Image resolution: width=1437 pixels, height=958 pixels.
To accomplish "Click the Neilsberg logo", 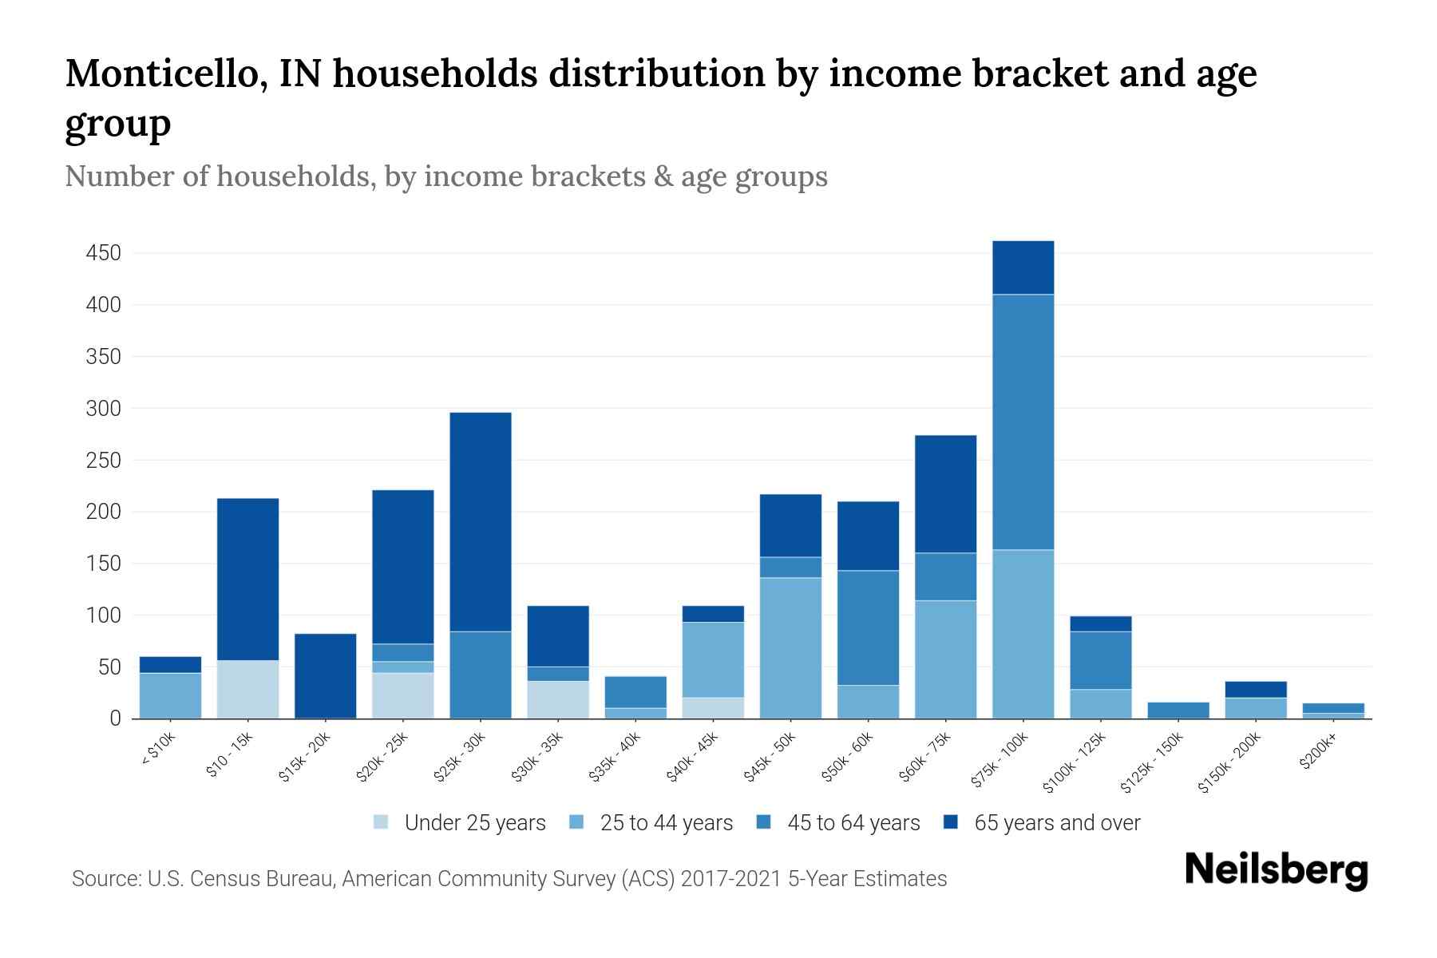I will [1276, 870].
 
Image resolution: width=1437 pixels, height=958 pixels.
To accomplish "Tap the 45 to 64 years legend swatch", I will [764, 822].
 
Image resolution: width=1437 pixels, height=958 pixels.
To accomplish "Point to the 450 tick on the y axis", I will [103, 254].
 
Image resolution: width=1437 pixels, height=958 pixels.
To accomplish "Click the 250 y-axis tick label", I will [103, 461].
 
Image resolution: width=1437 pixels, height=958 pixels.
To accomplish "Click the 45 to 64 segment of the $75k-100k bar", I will [1023, 422].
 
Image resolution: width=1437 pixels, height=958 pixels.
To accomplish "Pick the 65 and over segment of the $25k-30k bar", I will [481, 521].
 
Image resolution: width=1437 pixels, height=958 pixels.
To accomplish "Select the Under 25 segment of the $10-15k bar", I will [247, 689].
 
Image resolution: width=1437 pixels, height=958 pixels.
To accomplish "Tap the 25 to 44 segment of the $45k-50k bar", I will [790, 647].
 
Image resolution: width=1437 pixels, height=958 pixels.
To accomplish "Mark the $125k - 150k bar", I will [1178, 710].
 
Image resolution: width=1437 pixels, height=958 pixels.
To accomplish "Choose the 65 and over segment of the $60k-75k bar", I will [945, 493].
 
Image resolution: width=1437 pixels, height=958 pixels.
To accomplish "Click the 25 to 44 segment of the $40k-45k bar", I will [713, 659].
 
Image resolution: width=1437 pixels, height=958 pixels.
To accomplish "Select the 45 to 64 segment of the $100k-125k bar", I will [1100, 660].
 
